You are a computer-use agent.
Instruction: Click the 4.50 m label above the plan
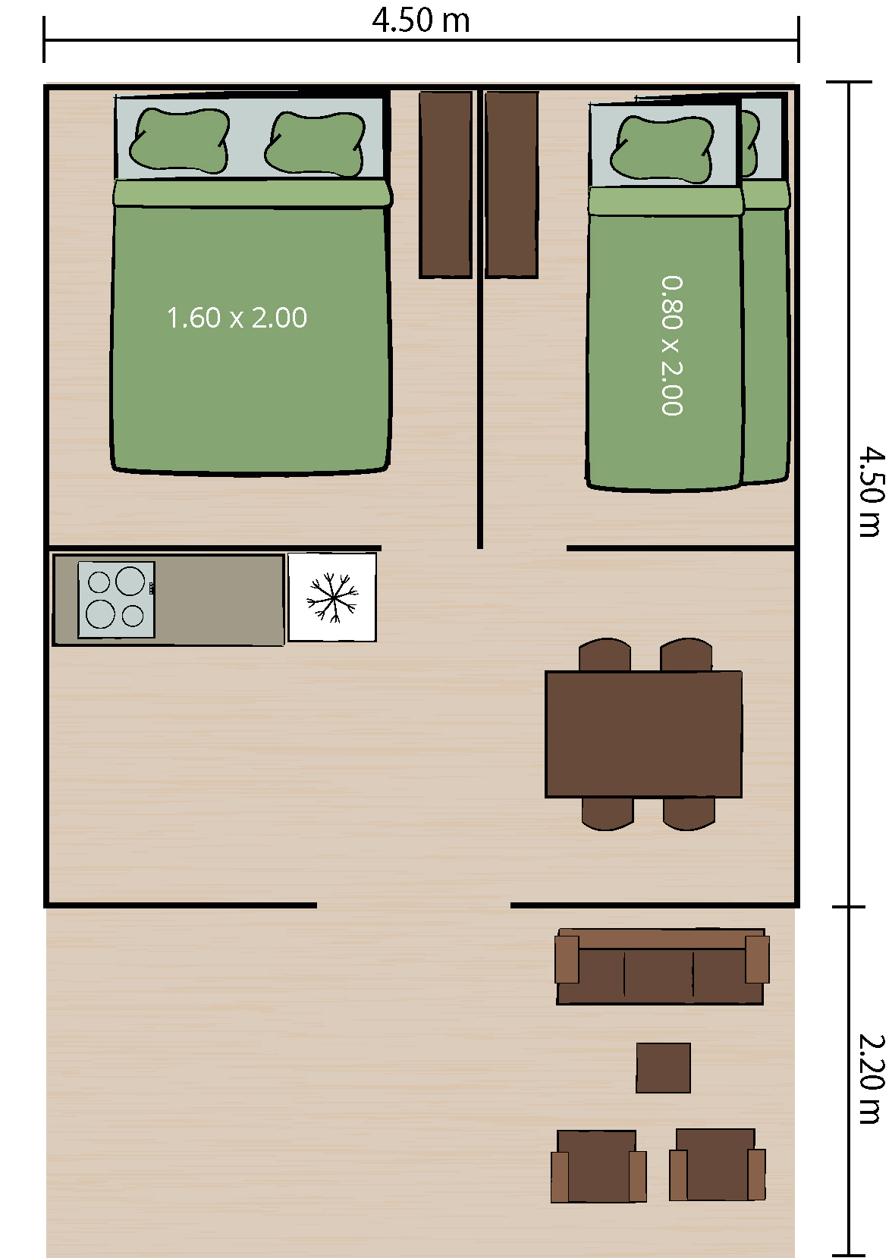(x=421, y=20)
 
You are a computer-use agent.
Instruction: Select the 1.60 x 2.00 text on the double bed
(x=237, y=318)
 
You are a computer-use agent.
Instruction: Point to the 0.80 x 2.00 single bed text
(x=672, y=345)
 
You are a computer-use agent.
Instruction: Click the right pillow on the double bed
(x=315, y=144)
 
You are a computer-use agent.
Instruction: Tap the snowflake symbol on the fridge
(x=332, y=598)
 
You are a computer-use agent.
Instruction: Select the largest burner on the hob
(x=130, y=581)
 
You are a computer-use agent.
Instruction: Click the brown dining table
(x=644, y=734)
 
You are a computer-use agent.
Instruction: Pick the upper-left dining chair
(x=605, y=655)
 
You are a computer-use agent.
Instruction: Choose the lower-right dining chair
(x=689, y=814)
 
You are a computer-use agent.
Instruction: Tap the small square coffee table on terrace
(x=664, y=1068)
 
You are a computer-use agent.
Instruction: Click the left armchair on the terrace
(x=598, y=1166)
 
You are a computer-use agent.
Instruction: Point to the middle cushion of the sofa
(x=658, y=974)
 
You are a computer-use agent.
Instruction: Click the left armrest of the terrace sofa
(x=567, y=959)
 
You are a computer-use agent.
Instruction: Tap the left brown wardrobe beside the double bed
(x=445, y=185)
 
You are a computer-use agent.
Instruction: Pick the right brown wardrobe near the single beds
(x=512, y=185)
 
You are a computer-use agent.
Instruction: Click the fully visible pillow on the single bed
(x=662, y=149)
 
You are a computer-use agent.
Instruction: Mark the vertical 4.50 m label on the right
(x=872, y=492)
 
